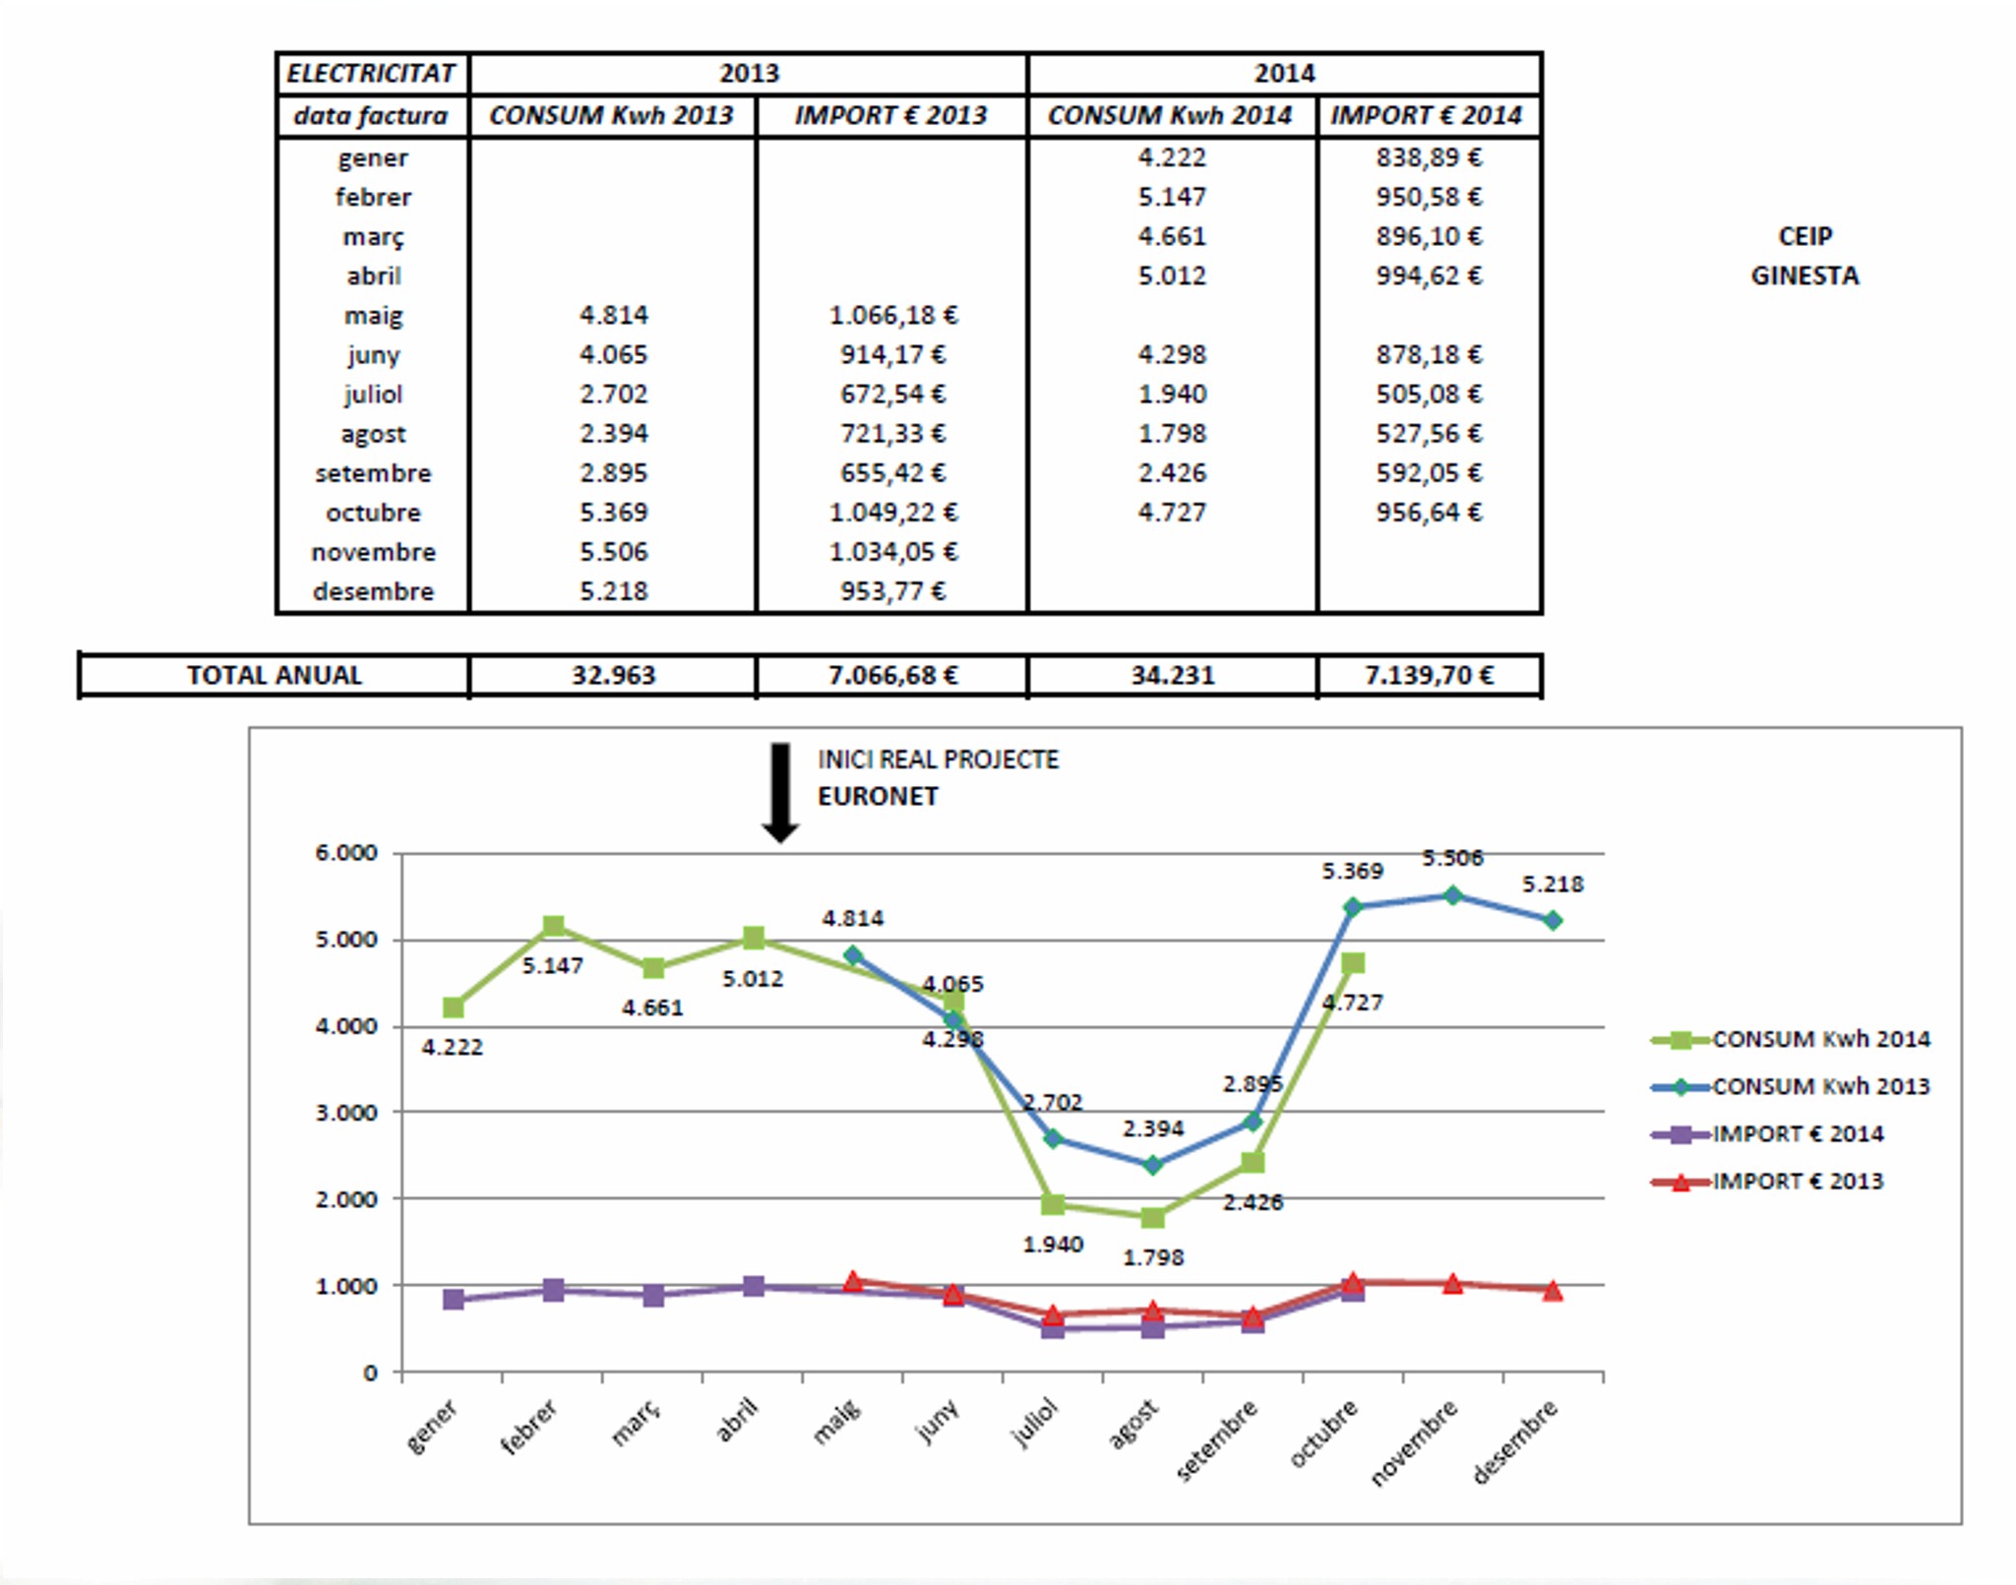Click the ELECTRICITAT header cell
click(x=371, y=74)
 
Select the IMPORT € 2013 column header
click(x=890, y=116)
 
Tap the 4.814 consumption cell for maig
click(x=613, y=316)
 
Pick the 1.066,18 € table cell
click(x=892, y=316)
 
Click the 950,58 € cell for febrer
click(x=1429, y=197)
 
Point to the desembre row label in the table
click(x=373, y=591)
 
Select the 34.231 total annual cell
click(x=1172, y=676)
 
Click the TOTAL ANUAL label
click(x=275, y=676)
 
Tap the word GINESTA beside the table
click(x=1804, y=276)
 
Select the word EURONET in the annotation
click(x=878, y=797)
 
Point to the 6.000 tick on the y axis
click(x=346, y=853)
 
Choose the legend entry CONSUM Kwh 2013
click(x=1820, y=1087)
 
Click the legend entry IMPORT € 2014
click(x=1798, y=1134)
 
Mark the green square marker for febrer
click(x=553, y=926)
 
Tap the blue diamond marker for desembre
click(x=1553, y=921)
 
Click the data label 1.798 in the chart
click(x=1153, y=1257)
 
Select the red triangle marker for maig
click(x=853, y=1282)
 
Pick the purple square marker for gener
click(x=454, y=1300)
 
